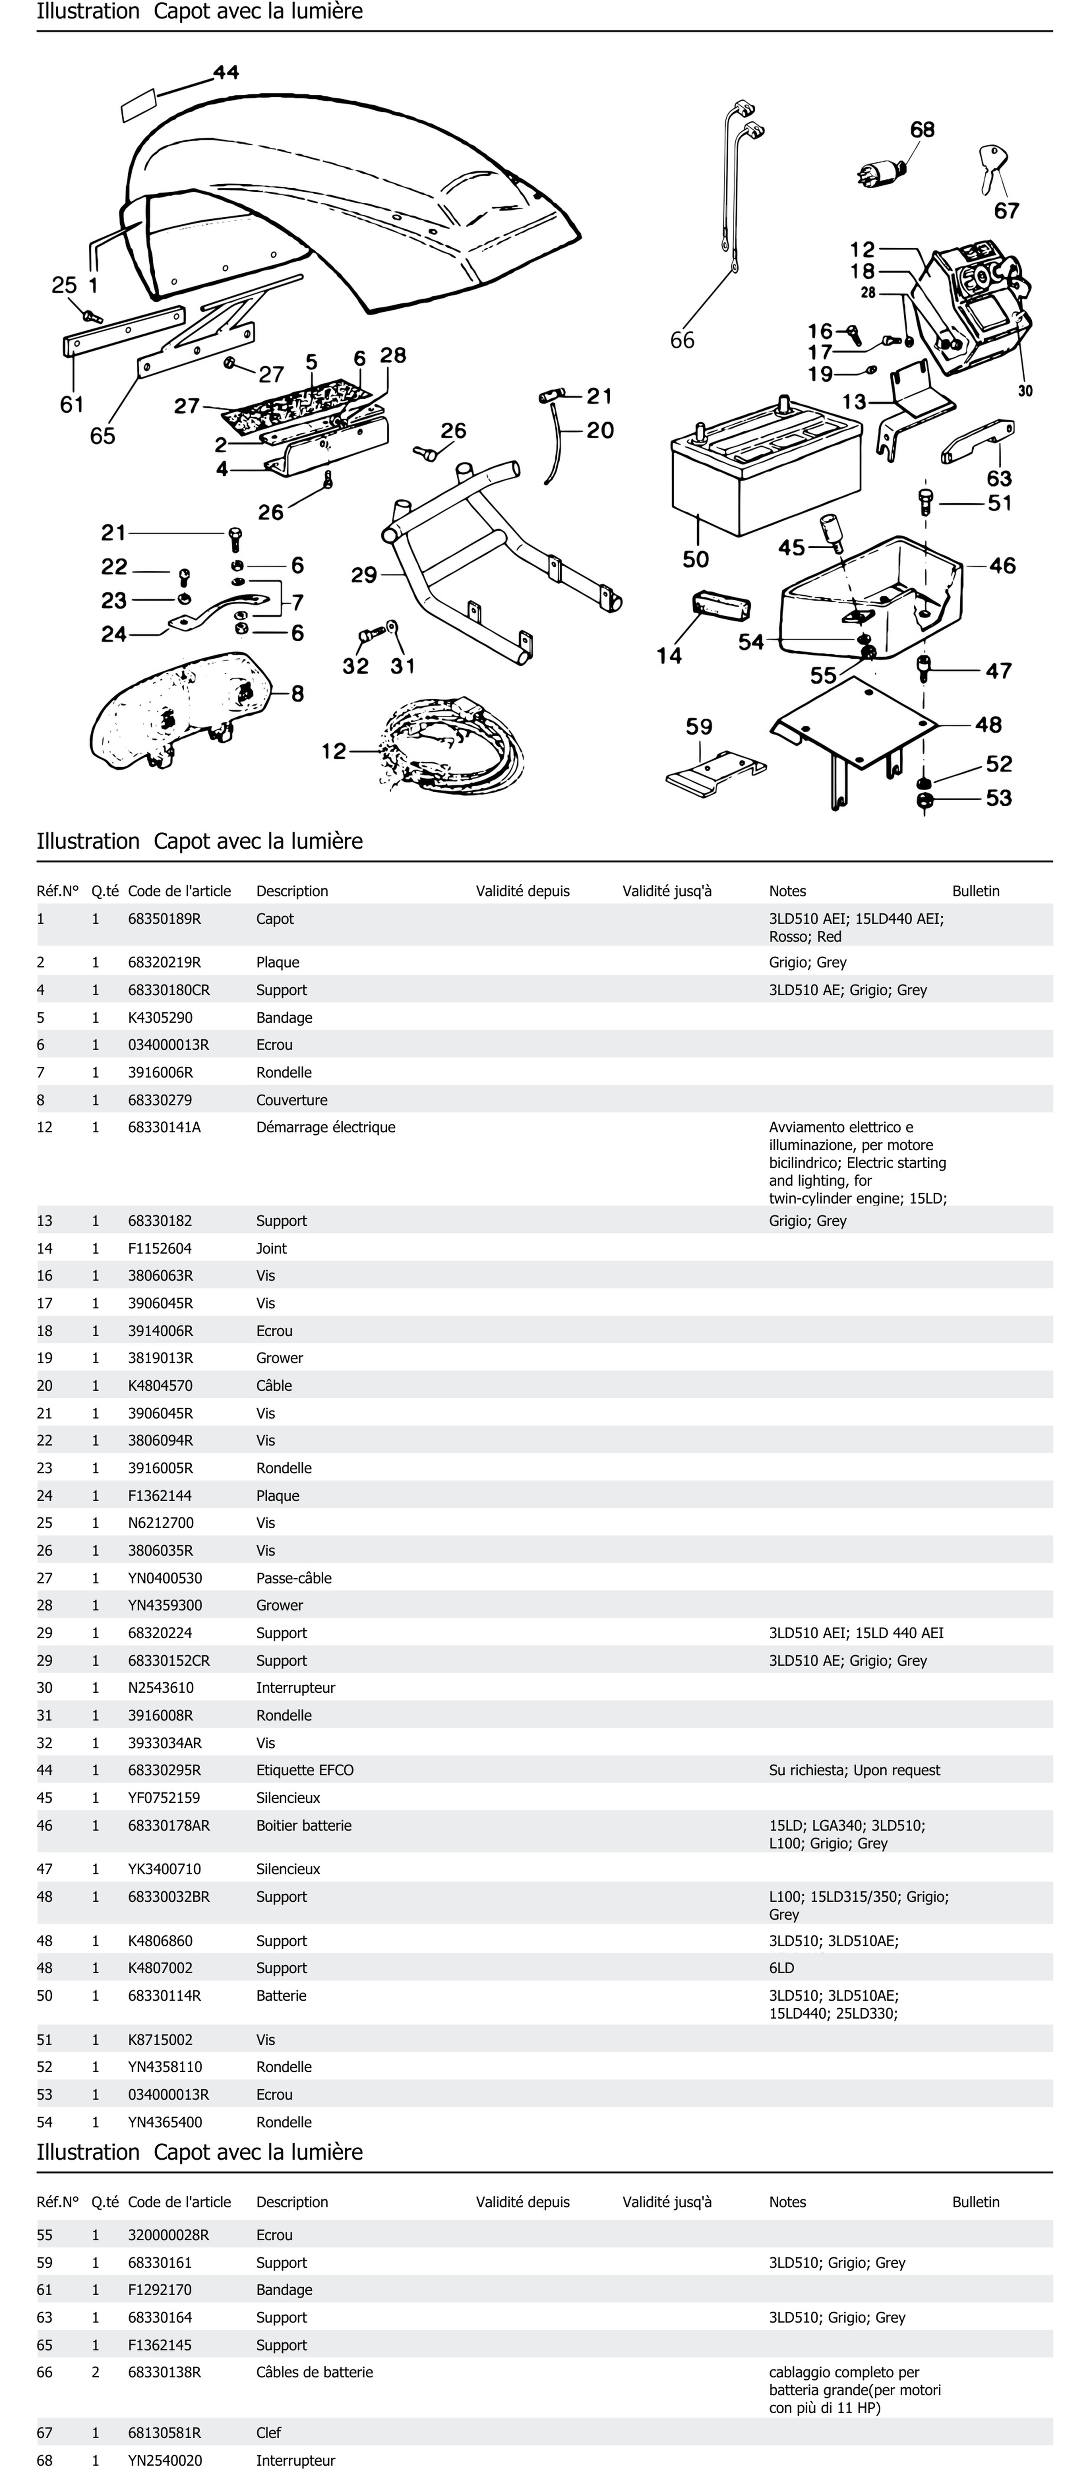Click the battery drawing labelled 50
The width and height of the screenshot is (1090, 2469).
pyautogui.click(x=757, y=474)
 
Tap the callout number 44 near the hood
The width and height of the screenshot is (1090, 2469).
pyautogui.click(x=226, y=72)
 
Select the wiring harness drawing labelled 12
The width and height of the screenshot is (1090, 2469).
pyautogui.click(x=451, y=747)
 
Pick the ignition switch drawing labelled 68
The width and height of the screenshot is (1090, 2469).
pyautogui.click(x=882, y=172)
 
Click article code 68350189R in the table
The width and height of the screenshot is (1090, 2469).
pyautogui.click(x=164, y=918)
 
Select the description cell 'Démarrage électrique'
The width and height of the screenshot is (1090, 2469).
pyautogui.click(x=325, y=1127)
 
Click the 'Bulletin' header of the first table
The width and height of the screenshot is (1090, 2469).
pyautogui.click(x=975, y=890)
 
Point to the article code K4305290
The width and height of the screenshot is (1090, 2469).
pyautogui.click(x=160, y=1017)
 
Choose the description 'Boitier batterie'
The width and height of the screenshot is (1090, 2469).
pyautogui.click(x=303, y=1825)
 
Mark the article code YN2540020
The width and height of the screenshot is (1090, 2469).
pyautogui.click(x=165, y=2459)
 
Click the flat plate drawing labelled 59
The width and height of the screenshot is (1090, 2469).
pyautogui.click(x=714, y=772)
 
